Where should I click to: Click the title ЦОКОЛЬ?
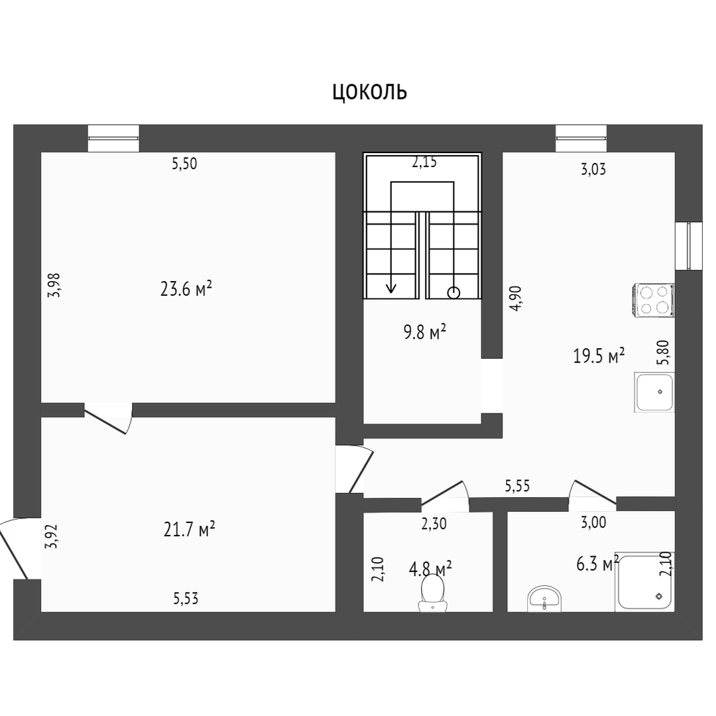369,92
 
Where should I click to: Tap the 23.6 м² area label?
186,288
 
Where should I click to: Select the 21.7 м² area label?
189,529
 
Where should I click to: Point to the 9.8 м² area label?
425,331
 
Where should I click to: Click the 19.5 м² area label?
599,355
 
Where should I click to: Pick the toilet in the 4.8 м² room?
433,592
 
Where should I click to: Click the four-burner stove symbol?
653,300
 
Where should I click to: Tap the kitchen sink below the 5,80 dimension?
654,392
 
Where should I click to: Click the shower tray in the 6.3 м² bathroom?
644,582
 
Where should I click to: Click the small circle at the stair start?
453,293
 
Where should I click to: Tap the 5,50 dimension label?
184,164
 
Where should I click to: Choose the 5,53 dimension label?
186,598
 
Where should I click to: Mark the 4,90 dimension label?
515,298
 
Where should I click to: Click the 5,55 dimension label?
517,486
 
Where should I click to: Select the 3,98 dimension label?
54,285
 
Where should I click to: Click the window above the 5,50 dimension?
113,138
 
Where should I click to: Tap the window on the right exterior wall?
689,246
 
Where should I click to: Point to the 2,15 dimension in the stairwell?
424,162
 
